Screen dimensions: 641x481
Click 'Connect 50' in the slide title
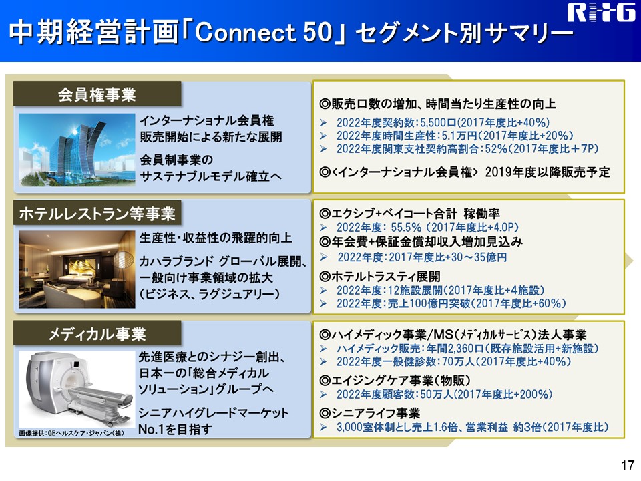point(263,32)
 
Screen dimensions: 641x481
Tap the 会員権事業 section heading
point(97,94)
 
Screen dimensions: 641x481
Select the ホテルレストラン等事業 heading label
point(97,214)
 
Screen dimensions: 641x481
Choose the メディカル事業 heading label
point(97,334)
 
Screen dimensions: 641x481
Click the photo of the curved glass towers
point(77,150)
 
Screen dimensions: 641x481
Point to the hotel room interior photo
point(77,269)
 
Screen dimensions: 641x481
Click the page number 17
point(627,465)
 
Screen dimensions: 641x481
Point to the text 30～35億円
point(479,257)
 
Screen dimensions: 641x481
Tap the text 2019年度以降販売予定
point(548,172)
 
